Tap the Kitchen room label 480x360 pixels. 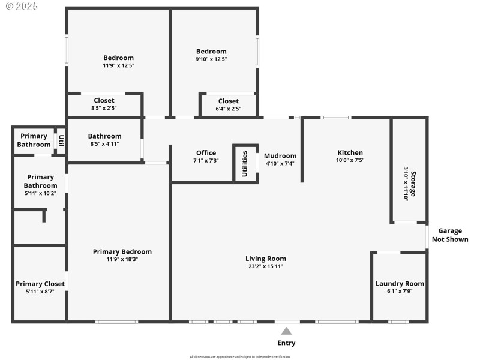point(350,152)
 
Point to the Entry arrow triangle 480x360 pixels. point(287,331)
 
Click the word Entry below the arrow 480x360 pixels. point(286,343)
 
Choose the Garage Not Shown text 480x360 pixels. point(450,235)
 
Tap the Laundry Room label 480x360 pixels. point(400,284)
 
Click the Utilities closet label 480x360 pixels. point(244,163)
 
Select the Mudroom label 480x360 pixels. point(280,156)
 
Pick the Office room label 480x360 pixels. point(206,153)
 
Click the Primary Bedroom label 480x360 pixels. point(122,251)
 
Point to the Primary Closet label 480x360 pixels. point(40,284)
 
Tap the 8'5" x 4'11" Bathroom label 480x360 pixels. point(104,136)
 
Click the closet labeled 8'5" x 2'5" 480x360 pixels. point(104,101)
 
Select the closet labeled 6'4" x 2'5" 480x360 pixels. point(228,101)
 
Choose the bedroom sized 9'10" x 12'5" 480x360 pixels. point(211,52)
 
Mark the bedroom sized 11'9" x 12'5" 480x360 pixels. point(118,58)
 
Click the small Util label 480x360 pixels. point(61,141)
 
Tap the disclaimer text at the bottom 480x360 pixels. point(239,357)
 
